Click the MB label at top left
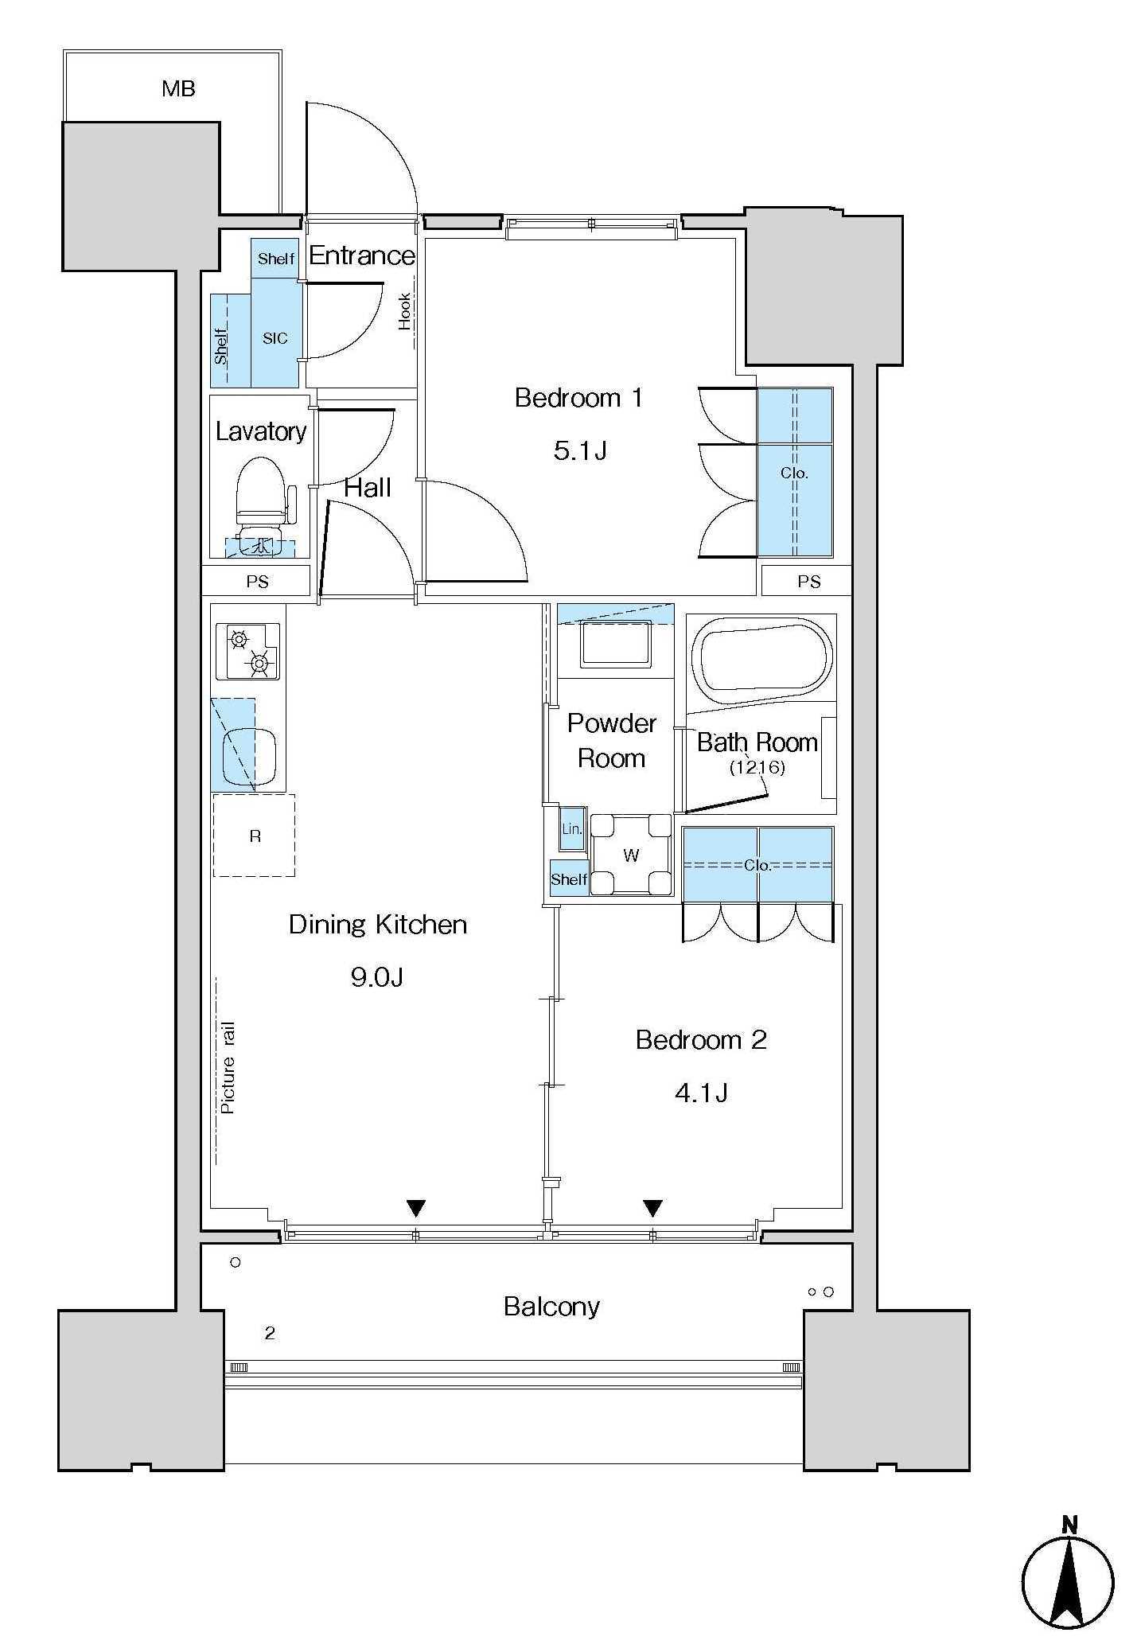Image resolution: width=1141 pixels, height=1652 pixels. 178,88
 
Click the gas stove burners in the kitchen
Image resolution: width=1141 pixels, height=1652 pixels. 248,651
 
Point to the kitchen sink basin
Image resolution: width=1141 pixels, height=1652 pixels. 249,754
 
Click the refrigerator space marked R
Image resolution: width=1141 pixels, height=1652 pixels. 255,836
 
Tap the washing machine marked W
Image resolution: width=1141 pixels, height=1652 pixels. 632,855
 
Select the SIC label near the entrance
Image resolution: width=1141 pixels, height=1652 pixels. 275,338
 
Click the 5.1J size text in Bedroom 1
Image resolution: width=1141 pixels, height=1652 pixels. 580,451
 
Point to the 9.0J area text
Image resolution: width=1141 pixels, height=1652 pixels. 377,976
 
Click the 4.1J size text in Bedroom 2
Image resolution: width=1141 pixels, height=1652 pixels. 701,1093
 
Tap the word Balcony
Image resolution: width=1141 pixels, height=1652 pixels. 551,1307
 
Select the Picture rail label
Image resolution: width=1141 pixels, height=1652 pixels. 228,1067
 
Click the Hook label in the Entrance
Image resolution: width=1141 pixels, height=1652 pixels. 404,311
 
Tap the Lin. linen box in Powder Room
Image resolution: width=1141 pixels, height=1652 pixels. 572,828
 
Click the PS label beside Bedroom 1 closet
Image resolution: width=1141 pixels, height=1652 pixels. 808,582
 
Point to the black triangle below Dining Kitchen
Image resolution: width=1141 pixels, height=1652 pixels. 415,1208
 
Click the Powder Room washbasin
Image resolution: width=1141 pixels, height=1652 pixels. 616,645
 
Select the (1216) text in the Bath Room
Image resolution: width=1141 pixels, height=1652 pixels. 757,768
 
